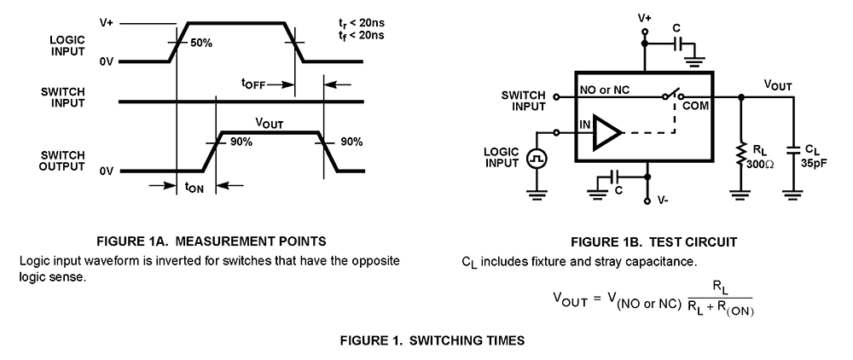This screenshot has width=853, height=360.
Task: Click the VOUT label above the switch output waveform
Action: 270,123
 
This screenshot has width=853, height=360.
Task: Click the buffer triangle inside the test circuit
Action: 606,132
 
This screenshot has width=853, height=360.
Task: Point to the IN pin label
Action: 586,125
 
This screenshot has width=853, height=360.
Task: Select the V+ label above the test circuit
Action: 644,15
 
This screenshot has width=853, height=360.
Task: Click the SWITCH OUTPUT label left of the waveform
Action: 61,160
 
